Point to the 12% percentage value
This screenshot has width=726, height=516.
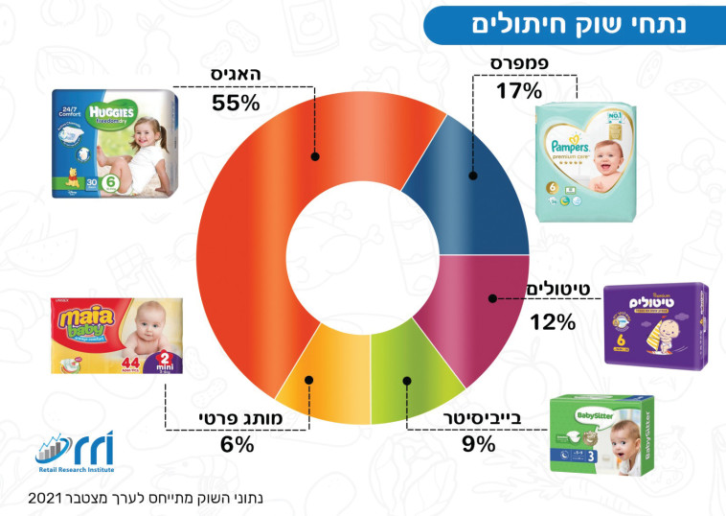coord(553,321)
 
